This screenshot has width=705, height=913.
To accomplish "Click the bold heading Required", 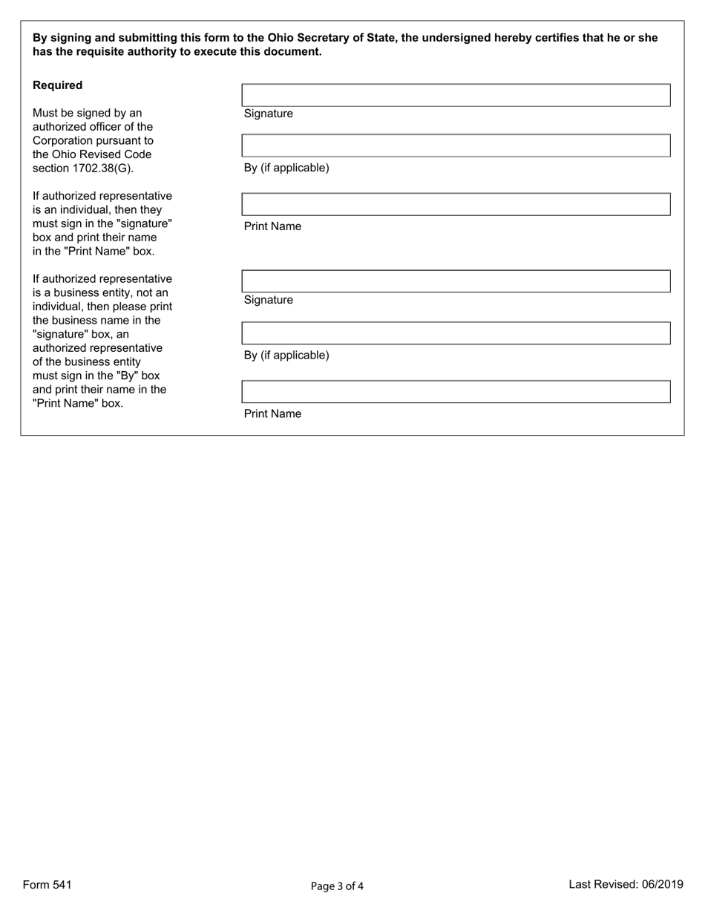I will (57, 85).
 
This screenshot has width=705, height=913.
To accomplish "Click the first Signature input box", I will (456, 95).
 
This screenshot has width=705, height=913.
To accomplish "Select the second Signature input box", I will (456, 281).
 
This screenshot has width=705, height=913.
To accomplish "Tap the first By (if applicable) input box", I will (456, 145).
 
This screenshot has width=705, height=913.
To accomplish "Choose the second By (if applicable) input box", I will (456, 333).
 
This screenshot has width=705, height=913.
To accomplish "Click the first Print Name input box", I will (456, 204).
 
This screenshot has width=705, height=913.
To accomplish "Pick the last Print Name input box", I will (456, 392).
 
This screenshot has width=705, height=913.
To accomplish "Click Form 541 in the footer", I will (47, 885).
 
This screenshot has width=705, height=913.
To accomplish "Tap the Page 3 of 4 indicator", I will (337, 886).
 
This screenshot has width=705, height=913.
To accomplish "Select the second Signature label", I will (268, 300).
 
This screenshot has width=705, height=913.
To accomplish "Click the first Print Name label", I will (272, 226).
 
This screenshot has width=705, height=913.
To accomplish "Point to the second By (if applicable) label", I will (286, 356).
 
